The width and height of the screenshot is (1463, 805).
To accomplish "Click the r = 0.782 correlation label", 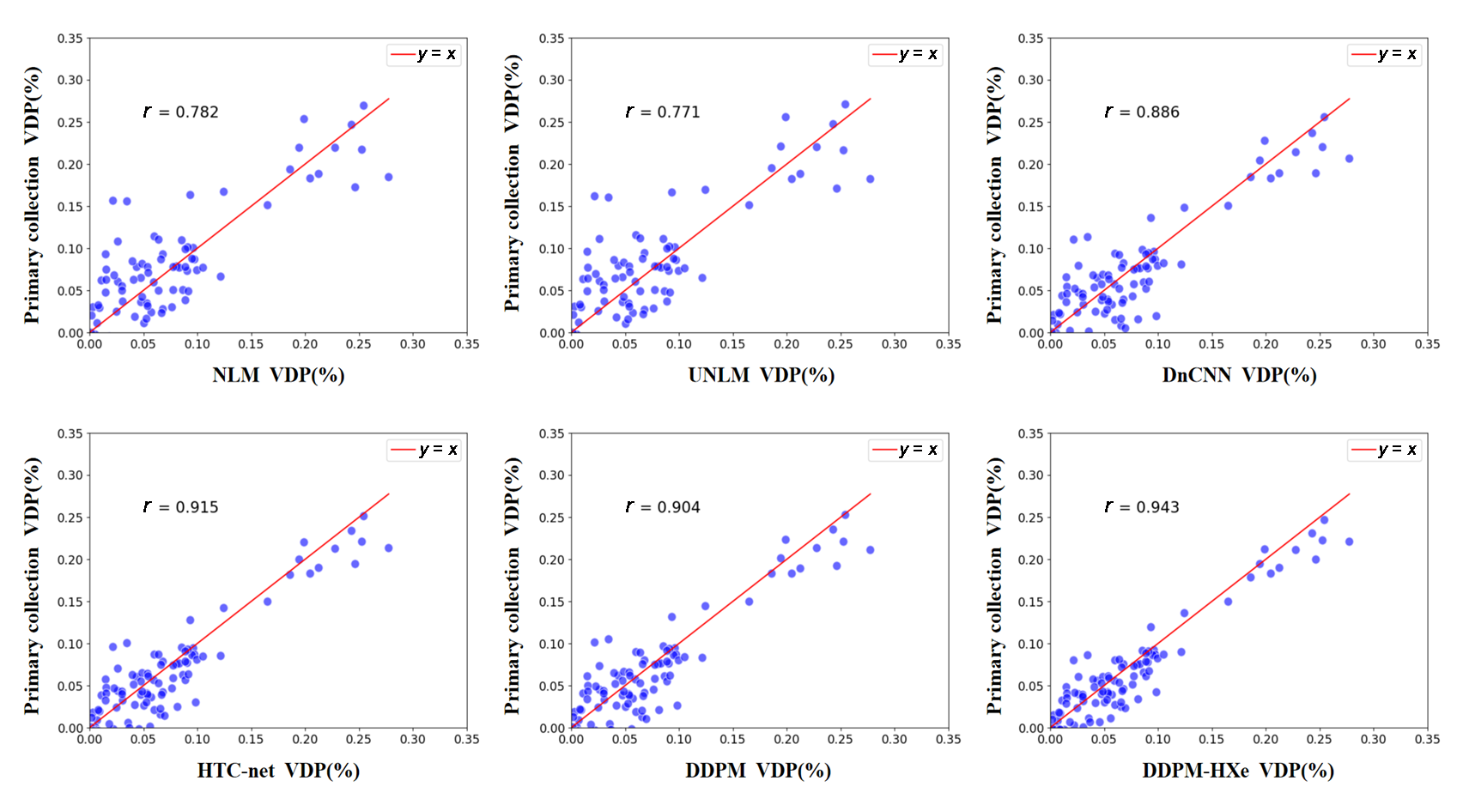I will [181, 112].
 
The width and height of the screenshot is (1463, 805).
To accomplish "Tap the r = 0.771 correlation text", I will [663, 112].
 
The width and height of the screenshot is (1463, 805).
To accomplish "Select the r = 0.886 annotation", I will [1142, 112].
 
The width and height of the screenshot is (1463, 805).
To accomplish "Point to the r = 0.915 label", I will [181, 507].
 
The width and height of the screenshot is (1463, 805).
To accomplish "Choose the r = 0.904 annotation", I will [663, 507].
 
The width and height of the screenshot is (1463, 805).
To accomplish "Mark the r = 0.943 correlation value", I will [1142, 507].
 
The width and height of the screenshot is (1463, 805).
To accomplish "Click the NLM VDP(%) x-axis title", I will [278, 375].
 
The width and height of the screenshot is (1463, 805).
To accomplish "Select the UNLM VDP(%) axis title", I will [761, 375].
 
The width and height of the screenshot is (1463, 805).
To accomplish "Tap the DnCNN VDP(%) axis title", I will [1239, 375].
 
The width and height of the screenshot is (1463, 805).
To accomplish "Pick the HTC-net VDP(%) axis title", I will [278, 770].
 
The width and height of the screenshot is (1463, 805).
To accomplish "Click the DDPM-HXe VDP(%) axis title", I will [1237, 770].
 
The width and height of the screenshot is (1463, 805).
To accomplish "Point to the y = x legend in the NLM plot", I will [425, 55].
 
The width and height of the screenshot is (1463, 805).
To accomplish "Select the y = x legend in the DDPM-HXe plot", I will [1385, 450].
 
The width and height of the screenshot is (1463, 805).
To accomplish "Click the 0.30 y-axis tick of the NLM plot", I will [70, 80].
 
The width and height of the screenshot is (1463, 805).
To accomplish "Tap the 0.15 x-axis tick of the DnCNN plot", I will [1211, 344].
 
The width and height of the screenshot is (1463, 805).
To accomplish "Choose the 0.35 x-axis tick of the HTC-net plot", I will [467, 739].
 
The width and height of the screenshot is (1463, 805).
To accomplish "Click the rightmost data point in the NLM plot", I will [389, 177].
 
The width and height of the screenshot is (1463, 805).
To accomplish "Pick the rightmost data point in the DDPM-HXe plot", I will [1349, 542].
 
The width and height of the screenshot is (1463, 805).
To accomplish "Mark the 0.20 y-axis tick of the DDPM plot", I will [551, 560].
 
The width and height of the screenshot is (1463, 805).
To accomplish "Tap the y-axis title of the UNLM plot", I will [513, 182].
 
